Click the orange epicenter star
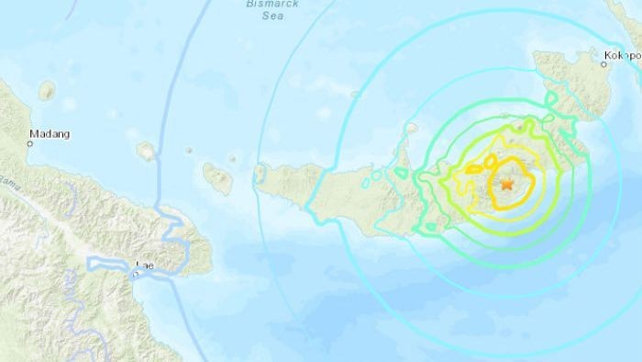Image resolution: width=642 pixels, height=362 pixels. [506, 184]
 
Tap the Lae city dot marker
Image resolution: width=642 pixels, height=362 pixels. [139, 272]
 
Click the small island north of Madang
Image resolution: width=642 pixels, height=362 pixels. [47, 90]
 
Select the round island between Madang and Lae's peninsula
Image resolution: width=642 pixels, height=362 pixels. [145, 151]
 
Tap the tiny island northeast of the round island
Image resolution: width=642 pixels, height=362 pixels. [189, 150]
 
